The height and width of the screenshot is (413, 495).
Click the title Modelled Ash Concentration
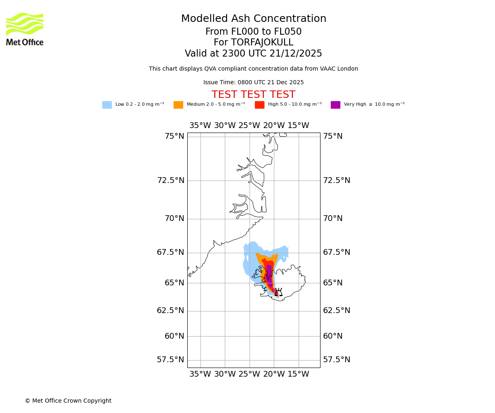254,19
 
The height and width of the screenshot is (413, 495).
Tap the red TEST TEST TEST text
253,95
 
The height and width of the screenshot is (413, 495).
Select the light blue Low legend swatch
107,105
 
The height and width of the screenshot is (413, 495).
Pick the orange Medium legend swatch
178,105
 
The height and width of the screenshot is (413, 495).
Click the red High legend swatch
259,105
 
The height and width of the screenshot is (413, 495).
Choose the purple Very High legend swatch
335,105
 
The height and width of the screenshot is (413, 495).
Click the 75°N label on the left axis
174,136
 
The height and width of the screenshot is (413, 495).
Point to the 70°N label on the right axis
333,218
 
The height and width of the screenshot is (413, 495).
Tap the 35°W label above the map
200,126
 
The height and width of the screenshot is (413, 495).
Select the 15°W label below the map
298,375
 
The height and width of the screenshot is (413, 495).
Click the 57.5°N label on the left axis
170,360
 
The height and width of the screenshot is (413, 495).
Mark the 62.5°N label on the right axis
337,311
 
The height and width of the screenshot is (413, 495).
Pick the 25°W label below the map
249,375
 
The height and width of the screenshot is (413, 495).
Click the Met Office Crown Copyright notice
68,401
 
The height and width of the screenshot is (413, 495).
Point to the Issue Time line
253,83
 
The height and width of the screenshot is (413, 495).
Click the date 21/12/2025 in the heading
296,54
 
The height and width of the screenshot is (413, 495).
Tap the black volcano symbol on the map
278,292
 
